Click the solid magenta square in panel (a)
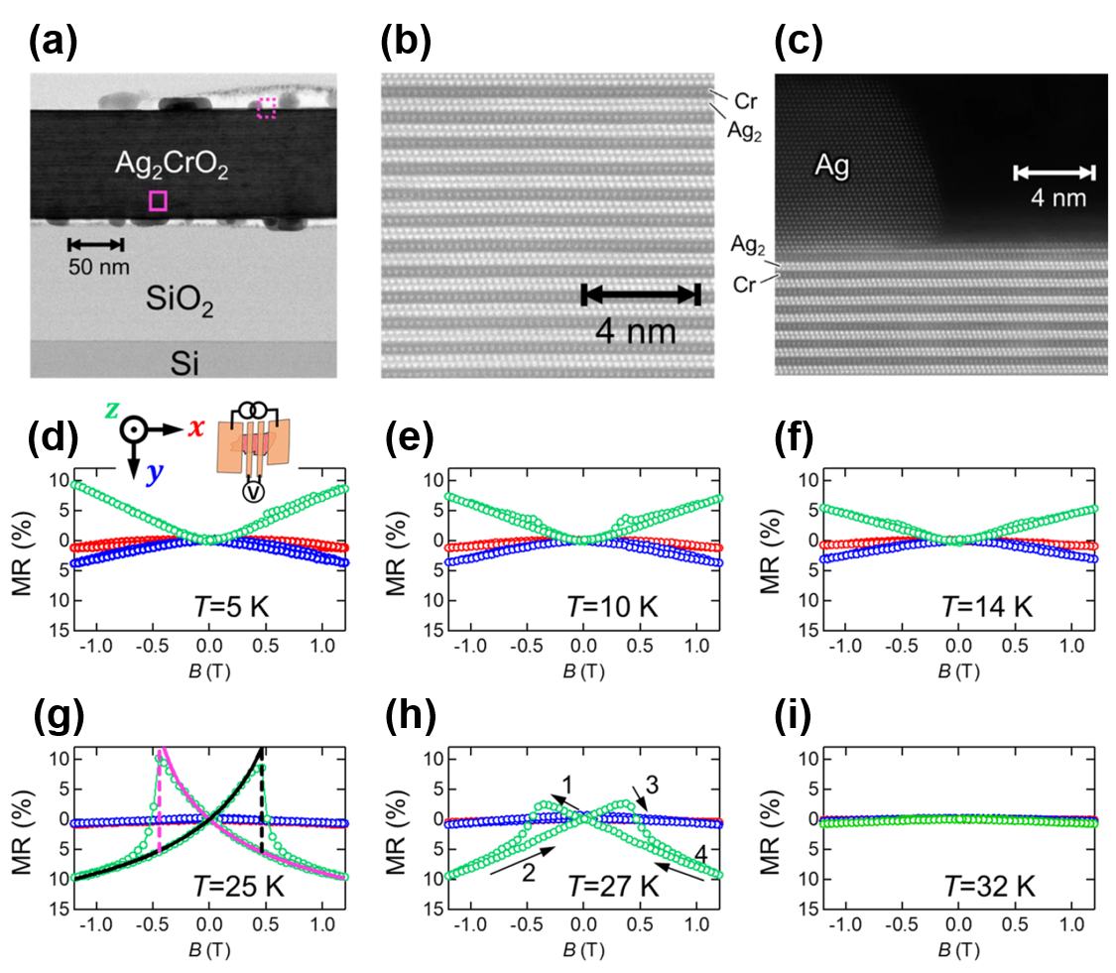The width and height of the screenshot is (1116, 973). pos(158,201)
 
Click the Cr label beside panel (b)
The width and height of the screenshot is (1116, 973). pos(747,100)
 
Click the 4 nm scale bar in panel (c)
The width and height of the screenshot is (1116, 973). pos(1054,174)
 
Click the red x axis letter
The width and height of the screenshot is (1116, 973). pos(195,428)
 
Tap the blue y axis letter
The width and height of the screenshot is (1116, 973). pos(154,473)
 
